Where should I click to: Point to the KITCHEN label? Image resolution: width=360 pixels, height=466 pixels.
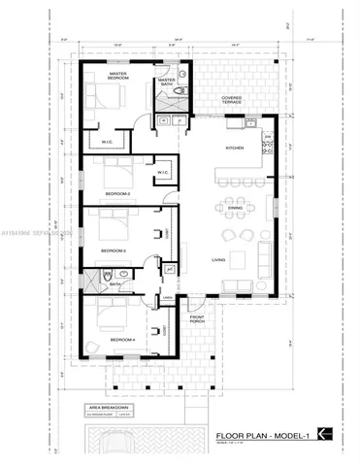point(235,148)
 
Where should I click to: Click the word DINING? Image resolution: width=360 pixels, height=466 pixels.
point(235,208)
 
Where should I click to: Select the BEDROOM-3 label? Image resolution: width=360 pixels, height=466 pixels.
point(115,250)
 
